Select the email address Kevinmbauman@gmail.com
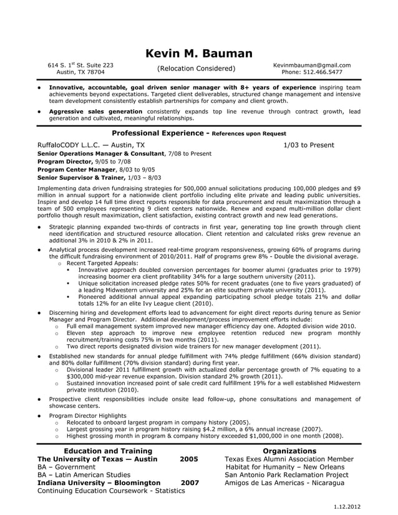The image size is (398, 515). click(x=311, y=65)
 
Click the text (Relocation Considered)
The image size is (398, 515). click(x=197, y=69)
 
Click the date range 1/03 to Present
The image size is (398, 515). click(x=308, y=145)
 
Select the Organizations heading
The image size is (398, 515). click(x=289, y=451)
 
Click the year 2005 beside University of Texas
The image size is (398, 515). click(x=188, y=459)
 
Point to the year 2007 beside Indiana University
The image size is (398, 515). click(x=190, y=483)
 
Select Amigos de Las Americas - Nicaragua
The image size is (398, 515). click(x=286, y=483)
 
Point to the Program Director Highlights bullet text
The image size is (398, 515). click(x=87, y=415)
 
